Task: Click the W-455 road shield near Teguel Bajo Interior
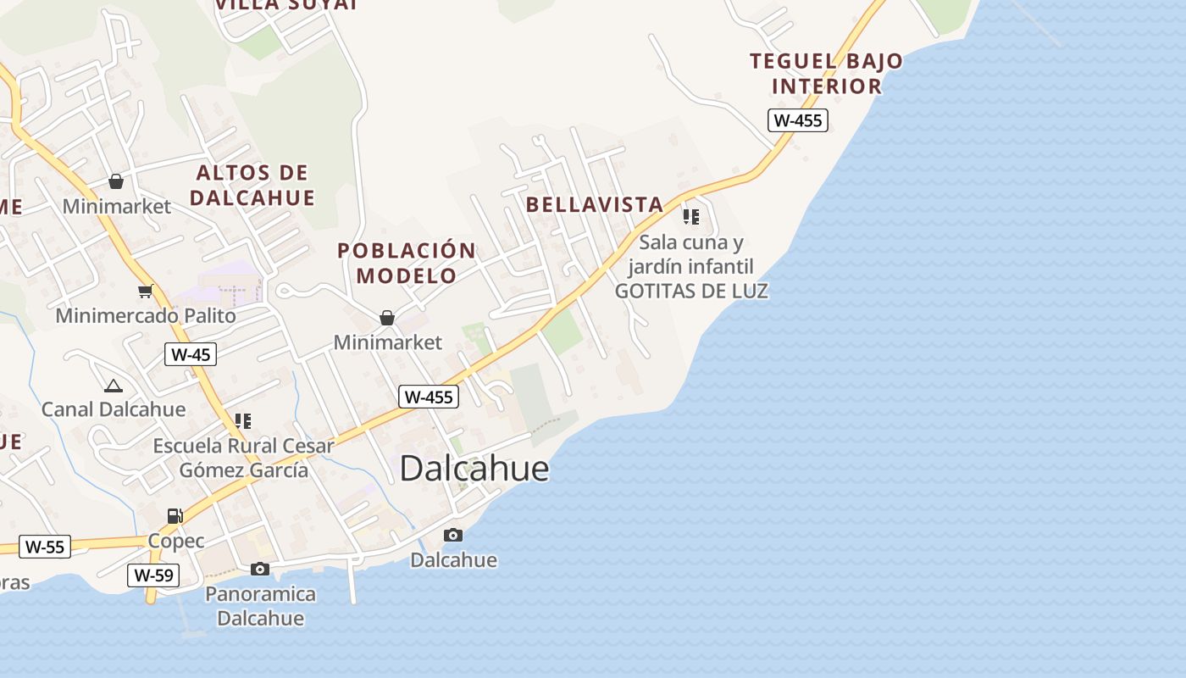pyautogui.click(x=797, y=120)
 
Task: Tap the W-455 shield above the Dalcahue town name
pyautogui.click(x=429, y=397)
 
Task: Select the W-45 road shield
pyautogui.click(x=190, y=354)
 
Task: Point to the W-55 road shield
pyautogui.click(x=44, y=547)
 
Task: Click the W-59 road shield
pyautogui.click(x=153, y=575)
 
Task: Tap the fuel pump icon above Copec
pyautogui.click(x=175, y=515)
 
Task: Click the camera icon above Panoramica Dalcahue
pyautogui.click(x=260, y=569)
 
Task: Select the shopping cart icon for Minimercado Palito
pyautogui.click(x=146, y=292)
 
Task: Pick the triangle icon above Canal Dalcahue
pyautogui.click(x=113, y=386)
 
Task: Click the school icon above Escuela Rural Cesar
pyautogui.click(x=243, y=421)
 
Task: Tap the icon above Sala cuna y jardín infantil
pyautogui.click(x=691, y=217)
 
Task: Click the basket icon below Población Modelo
pyautogui.click(x=387, y=318)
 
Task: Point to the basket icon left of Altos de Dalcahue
pyautogui.click(x=116, y=181)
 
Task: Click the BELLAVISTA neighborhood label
pyautogui.click(x=594, y=204)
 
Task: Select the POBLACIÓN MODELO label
pyautogui.click(x=407, y=263)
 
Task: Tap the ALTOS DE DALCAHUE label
pyautogui.click(x=252, y=186)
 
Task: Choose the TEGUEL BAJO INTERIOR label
pyautogui.click(x=826, y=74)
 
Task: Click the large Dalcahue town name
pyautogui.click(x=474, y=469)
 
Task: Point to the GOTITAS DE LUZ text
pyautogui.click(x=691, y=291)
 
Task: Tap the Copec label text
pyautogui.click(x=176, y=541)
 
